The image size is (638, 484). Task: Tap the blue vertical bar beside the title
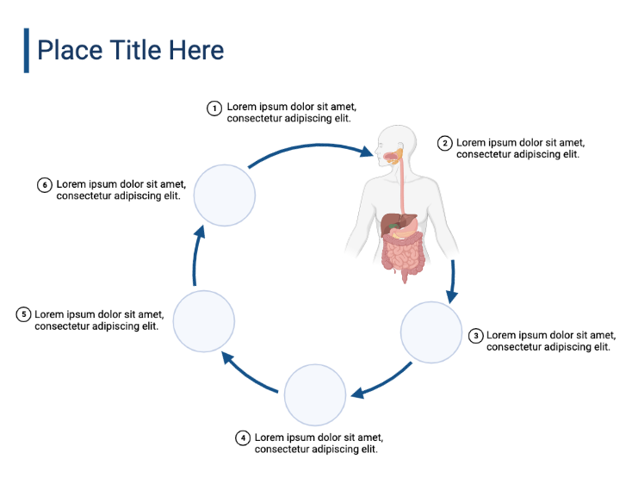pyautogui.click(x=26, y=50)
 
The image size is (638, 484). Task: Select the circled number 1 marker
pyautogui.click(x=214, y=108)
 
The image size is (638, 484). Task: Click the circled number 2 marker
pyautogui.click(x=444, y=143)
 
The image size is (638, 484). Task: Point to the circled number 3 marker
pyautogui.click(x=475, y=336)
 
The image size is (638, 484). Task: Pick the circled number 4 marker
pyautogui.click(x=243, y=437)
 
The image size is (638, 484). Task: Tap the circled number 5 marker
pyautogui.click(x=23, y=314)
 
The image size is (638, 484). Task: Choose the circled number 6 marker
pyautogui.click(x=45, y=184)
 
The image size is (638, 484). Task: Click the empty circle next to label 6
pyautogui.click(x=225, y=195)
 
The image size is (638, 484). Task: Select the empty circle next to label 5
pyautogui.click(x=204, y=321)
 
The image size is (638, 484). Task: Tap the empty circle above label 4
pyautogui.click(x=315, y=395)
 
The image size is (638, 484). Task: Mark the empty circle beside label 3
pyautogui.click(x=432, y=332)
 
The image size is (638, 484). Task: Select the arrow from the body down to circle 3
pyautogui.click(x=452, y=280)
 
